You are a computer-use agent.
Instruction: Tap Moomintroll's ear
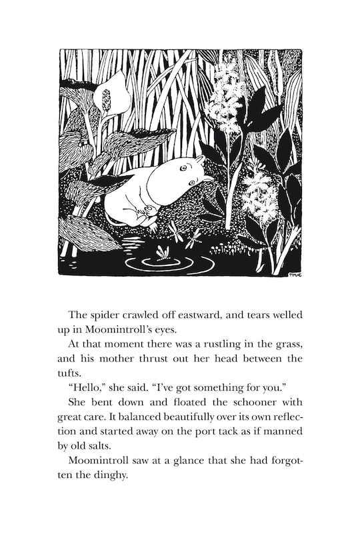198,160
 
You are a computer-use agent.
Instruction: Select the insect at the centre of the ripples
162,252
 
